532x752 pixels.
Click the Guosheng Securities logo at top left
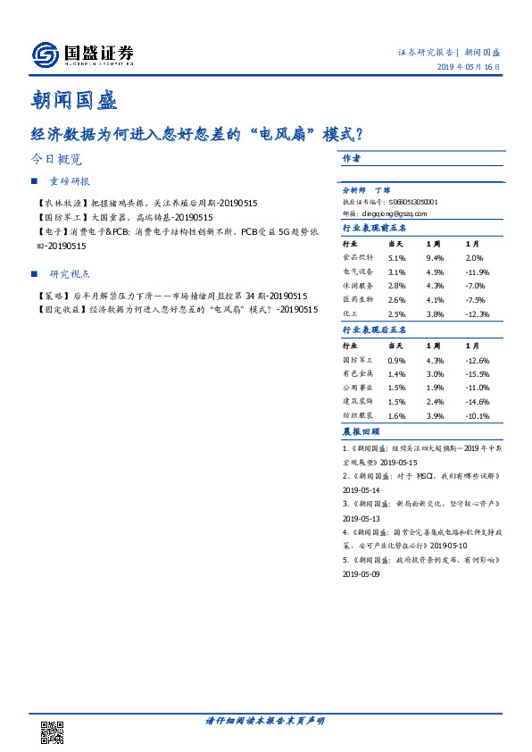[83, 54]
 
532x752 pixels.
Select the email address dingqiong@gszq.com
[385, 213]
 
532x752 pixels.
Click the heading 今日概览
[55, 160]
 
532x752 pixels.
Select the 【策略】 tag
[51, 296]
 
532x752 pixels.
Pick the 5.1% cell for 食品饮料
[397, 257]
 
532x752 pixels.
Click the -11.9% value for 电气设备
[479, 272]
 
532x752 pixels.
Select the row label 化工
[351, 313]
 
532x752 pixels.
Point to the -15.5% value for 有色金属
[479, 373]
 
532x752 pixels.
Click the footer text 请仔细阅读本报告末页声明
[265, 721]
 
